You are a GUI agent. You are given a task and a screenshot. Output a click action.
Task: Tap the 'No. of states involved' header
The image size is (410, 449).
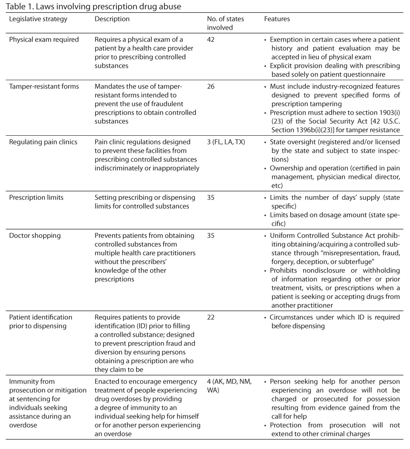coord(225,23)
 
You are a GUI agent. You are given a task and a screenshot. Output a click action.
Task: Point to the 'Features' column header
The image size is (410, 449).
coord(277,19)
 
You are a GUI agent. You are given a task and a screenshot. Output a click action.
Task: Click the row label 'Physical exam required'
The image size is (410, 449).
coord(44,40)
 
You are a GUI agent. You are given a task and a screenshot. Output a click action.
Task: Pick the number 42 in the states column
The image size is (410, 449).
coord(212,40)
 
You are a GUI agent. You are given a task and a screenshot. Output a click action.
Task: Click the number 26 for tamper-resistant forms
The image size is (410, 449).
coord(212,87)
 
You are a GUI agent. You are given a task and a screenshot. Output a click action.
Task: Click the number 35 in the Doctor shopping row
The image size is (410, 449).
coord(212,236)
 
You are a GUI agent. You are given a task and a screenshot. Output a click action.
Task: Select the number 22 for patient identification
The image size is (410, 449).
coord(212,317)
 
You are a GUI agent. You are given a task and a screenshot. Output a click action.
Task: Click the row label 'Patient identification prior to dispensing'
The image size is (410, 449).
coord(41,322)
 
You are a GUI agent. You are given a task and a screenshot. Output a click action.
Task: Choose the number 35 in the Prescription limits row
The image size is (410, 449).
coord(212,197)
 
